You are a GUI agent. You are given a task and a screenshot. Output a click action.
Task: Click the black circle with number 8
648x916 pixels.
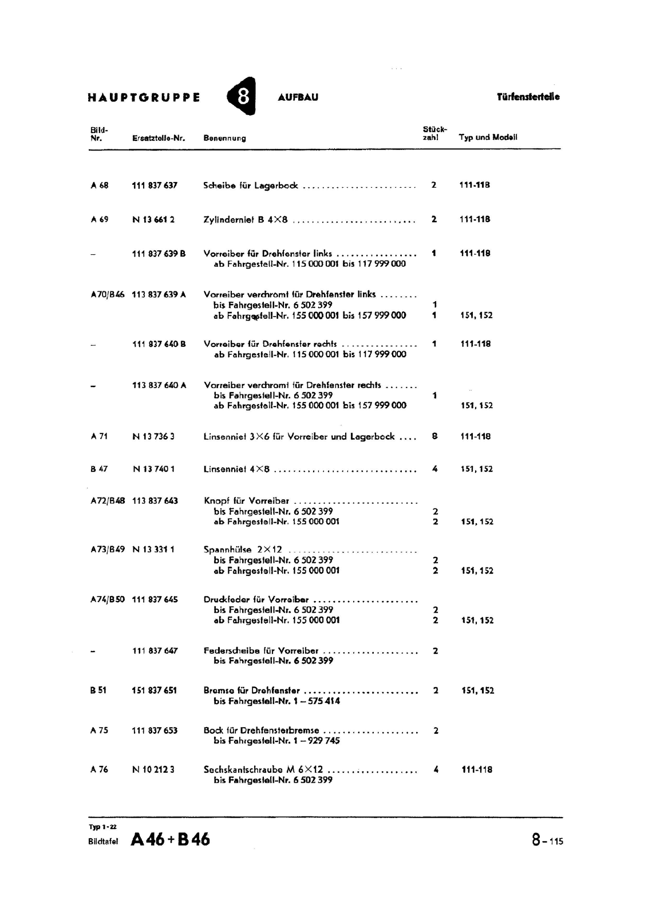click(x=242, y=96)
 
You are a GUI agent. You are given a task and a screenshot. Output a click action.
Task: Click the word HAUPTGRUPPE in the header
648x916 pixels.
click(x=144, y=97)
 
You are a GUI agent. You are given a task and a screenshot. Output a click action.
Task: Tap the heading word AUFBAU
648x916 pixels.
click(x=298, y=97)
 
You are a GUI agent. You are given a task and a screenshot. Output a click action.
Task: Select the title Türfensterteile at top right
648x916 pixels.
click(x=528, y=97)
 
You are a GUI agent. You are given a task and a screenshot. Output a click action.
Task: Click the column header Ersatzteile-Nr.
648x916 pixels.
click(x=159, y=138)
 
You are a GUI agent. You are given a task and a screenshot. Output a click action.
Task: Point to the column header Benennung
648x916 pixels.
click(x=224, y=138)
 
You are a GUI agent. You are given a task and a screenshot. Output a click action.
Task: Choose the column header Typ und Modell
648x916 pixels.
click(x=488, y=137)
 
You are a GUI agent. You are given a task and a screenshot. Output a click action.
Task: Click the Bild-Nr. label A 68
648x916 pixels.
click(x=99, y=185)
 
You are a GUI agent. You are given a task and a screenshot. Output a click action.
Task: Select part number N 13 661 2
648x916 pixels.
click(x=153, y=219)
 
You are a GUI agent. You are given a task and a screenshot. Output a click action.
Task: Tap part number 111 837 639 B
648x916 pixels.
click(x=159, y=253)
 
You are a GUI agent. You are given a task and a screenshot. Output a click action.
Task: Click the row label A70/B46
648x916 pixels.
click(x=107, y=294)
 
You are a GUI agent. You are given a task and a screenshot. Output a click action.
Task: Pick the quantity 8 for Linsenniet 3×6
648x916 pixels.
click(x=434, y=436)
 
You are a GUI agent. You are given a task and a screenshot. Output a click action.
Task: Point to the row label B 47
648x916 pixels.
click(x=99, y=469)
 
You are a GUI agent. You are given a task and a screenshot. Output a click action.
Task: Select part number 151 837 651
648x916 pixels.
click(x=155, y=690)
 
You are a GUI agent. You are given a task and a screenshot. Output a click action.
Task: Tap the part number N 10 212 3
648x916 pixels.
click(x=153, y=770)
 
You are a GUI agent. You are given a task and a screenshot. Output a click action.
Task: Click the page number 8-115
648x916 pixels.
click(x=547, y=840)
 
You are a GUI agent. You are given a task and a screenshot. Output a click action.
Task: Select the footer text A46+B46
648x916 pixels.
click(x=171, y=839)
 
